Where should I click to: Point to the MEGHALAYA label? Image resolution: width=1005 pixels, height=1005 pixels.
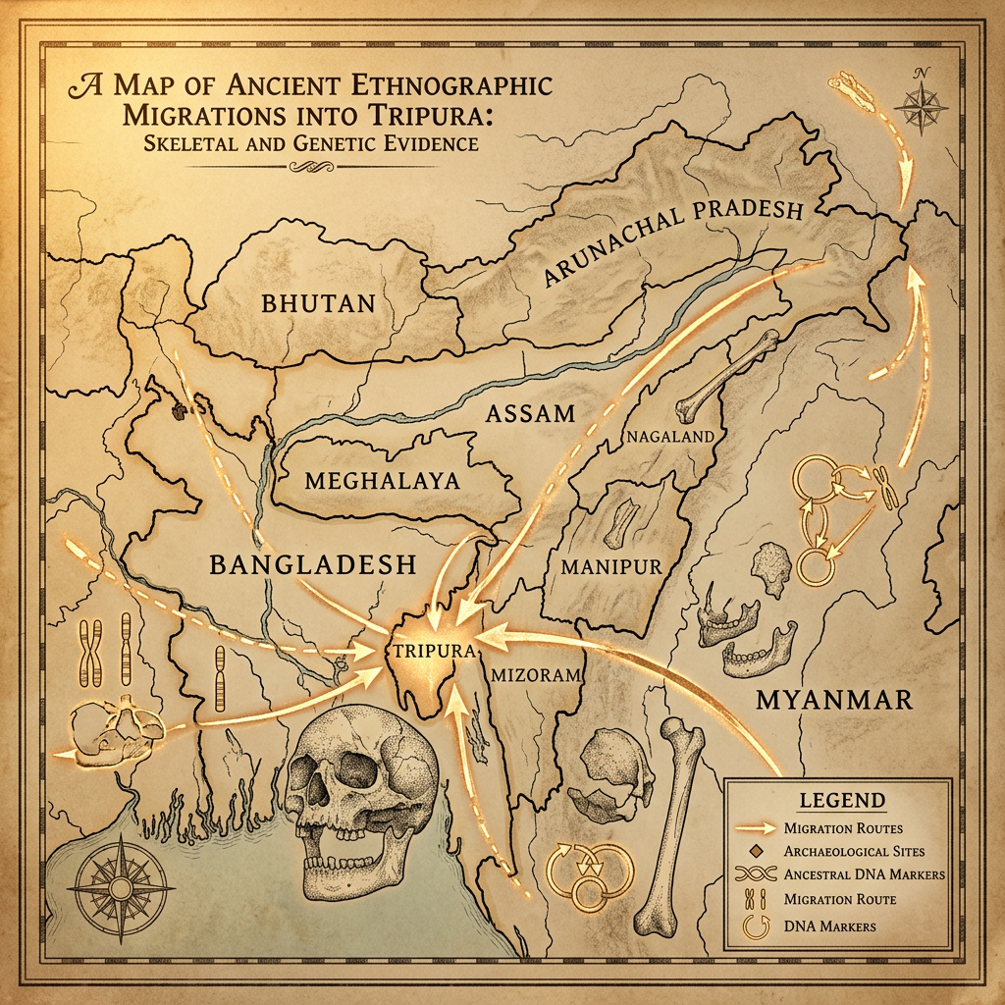382,482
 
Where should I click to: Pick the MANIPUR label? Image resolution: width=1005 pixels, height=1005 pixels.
610,566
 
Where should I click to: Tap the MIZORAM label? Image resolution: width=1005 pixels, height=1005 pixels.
535,675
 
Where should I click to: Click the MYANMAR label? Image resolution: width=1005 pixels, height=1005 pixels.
833,699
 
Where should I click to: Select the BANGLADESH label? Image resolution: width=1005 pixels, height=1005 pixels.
313,564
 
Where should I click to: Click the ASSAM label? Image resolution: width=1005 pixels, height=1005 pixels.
530,413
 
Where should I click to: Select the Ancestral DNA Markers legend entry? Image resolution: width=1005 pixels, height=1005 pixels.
863,874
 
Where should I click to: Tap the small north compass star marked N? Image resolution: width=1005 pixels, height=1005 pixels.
922,102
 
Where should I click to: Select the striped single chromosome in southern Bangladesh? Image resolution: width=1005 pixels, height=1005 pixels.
219,679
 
